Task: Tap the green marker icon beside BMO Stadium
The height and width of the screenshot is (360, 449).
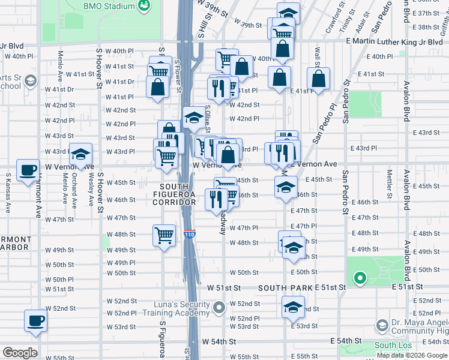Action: [x=144, y=6]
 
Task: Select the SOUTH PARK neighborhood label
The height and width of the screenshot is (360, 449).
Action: [x=285, y=288]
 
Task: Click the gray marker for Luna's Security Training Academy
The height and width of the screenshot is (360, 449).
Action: [x=220, y=308]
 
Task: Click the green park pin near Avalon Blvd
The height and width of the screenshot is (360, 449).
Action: [x=360, y=278]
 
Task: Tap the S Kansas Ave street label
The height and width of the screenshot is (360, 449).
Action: [x=8, y=193]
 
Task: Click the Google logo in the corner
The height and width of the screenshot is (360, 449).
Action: [x=20, y=353]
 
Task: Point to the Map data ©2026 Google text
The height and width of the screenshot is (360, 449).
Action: [x=411, y=355]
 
